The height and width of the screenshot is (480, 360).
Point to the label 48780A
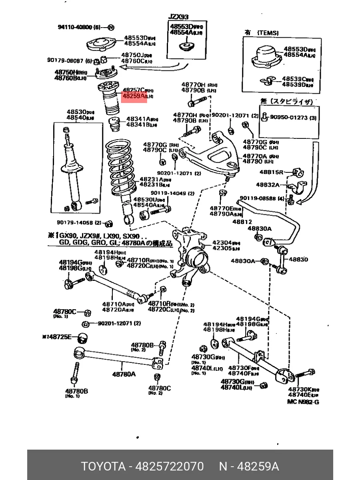tap(124, 374)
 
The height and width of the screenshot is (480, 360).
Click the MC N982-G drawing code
tap(303, 402)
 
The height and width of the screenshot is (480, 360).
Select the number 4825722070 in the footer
tap(170, 466)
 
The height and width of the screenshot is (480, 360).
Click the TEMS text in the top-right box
tap(268, 33)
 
